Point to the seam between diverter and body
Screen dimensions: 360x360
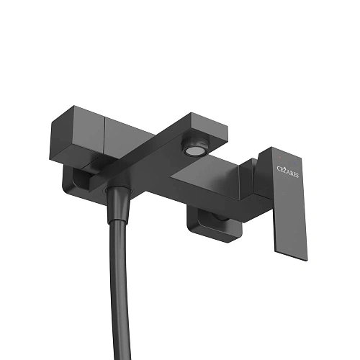tap(104, 138)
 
